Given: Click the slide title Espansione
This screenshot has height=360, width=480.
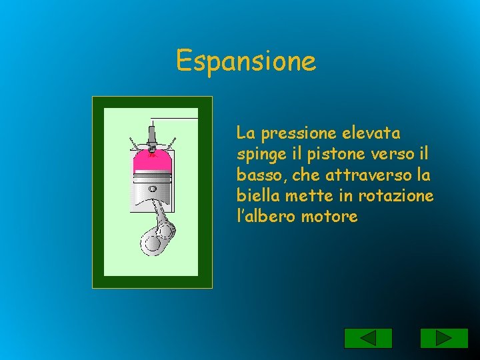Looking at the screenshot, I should pos(246,61).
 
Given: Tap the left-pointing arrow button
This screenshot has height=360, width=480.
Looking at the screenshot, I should pos(368,338).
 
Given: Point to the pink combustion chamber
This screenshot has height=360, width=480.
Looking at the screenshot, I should pos(153,162).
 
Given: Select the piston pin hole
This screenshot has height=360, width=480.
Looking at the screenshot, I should pos(153,189).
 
